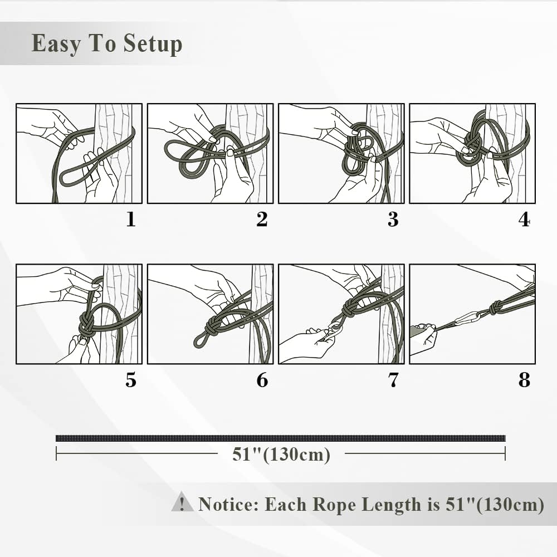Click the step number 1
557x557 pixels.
131,219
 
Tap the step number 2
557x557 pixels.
262,219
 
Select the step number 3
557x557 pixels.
393,219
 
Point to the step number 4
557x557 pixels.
524,219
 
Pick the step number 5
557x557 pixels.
131,380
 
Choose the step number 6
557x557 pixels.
262,380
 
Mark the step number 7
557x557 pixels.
393,380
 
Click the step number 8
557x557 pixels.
524,380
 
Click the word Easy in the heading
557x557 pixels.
56,43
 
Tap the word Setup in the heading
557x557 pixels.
153,43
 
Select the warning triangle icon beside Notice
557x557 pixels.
182,502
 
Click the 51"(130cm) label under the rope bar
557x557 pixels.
281,455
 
